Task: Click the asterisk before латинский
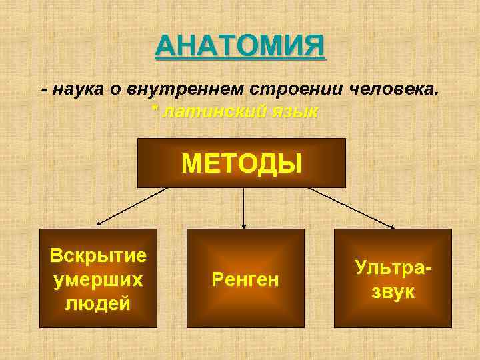[155, 110]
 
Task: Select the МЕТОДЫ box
[241, 163]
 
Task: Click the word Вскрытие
[99, 255]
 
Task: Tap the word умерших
[99, 279]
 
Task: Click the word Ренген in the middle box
[245, 278]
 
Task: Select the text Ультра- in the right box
[393, 267]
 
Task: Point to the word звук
[393, 291]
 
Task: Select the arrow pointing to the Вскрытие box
[130, 208]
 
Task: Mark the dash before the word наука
[44, 91]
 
